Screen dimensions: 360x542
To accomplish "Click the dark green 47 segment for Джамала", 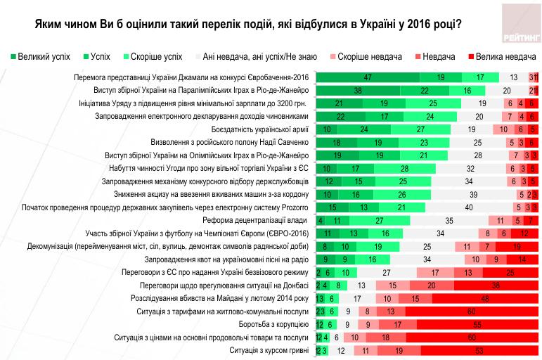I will tap(368, 77).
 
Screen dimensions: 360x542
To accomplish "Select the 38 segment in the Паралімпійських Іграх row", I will tap(359, 91).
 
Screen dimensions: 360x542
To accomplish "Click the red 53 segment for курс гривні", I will tap(480, 350).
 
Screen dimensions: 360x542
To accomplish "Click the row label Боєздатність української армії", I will tap(259, 130).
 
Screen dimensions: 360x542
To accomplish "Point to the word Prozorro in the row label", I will tap(290, 207).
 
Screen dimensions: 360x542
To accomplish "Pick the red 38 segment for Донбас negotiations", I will tap(496, 285).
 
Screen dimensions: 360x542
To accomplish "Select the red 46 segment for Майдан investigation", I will tap(486, 297).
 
